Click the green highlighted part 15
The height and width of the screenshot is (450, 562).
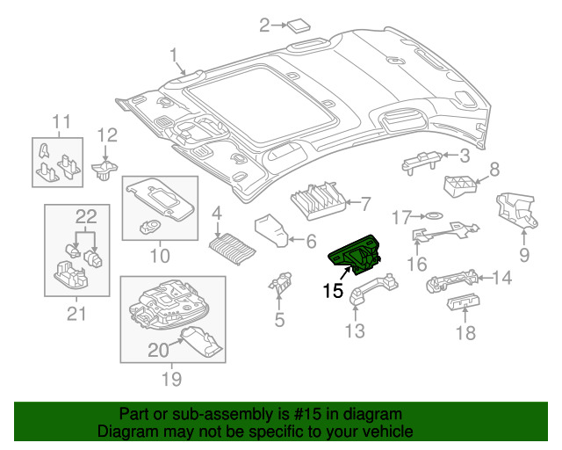(x=355, y=255)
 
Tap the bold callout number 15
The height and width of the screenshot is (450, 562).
(x=333, y=291)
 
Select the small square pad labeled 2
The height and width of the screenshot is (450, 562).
(x=299, y=25)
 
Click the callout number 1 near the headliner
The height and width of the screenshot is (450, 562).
(x=174, y=55)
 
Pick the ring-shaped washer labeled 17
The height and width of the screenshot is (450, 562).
(x=434, y=215)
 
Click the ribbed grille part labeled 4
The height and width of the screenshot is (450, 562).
(x=232, y=249)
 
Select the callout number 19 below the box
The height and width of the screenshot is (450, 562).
(x=172, y=379)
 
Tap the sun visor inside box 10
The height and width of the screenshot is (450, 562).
(x=162, y=199)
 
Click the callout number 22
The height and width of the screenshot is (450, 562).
(x=86, y=216)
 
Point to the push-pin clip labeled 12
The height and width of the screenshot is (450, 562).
(x=104, y=171)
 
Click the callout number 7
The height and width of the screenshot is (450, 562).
(x=365, y=204)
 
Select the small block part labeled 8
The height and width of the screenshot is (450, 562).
(x=460, y=186)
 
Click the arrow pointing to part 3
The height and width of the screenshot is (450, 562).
(x=450, y=155)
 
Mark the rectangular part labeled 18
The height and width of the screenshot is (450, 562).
(x=463, y=302)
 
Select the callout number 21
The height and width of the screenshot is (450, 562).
(x=76, y=314)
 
